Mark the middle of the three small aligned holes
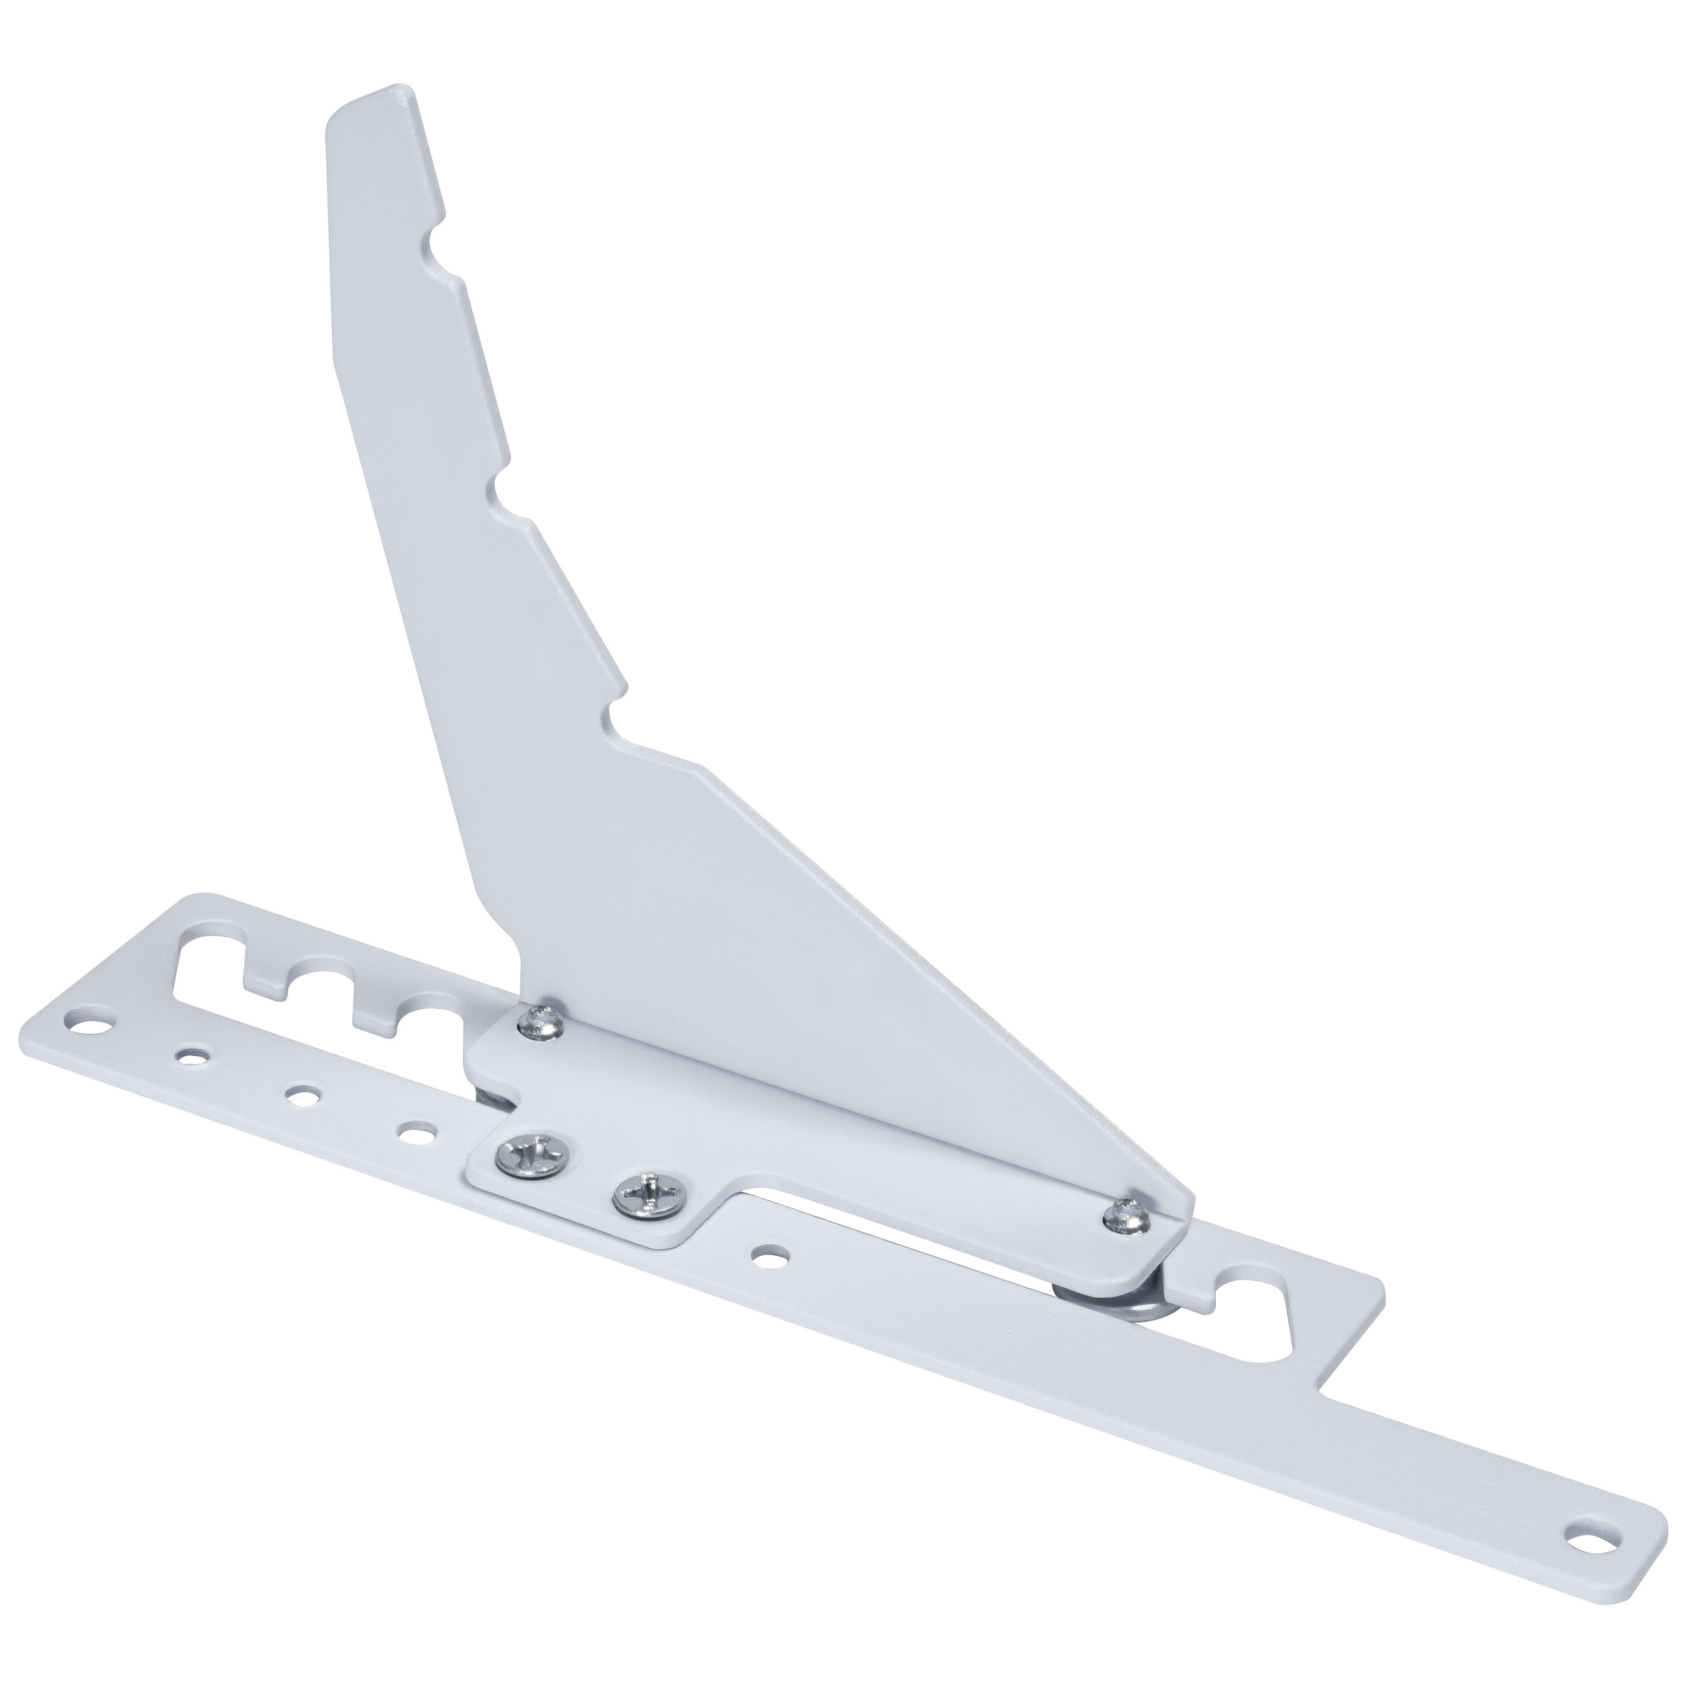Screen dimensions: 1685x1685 coord(303,1094)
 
